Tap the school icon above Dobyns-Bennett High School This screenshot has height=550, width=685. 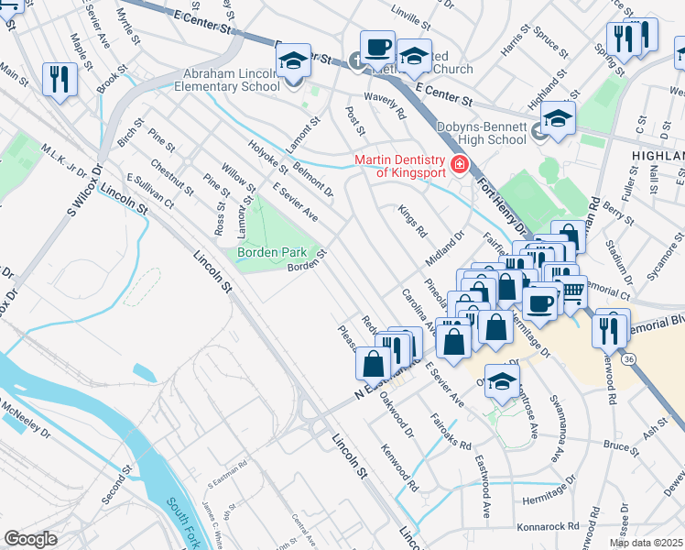point(558,117)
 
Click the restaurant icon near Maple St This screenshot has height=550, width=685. point(60,78)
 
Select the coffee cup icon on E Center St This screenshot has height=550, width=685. point(376,47)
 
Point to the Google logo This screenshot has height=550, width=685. point(30,539)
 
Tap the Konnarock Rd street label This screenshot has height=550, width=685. point(549,527)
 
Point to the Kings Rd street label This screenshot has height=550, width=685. point(413,223)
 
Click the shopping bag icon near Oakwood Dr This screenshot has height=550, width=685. point(374,364)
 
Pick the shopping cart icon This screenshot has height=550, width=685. point(572,292)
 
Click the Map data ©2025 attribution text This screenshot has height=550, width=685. point(646,543)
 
